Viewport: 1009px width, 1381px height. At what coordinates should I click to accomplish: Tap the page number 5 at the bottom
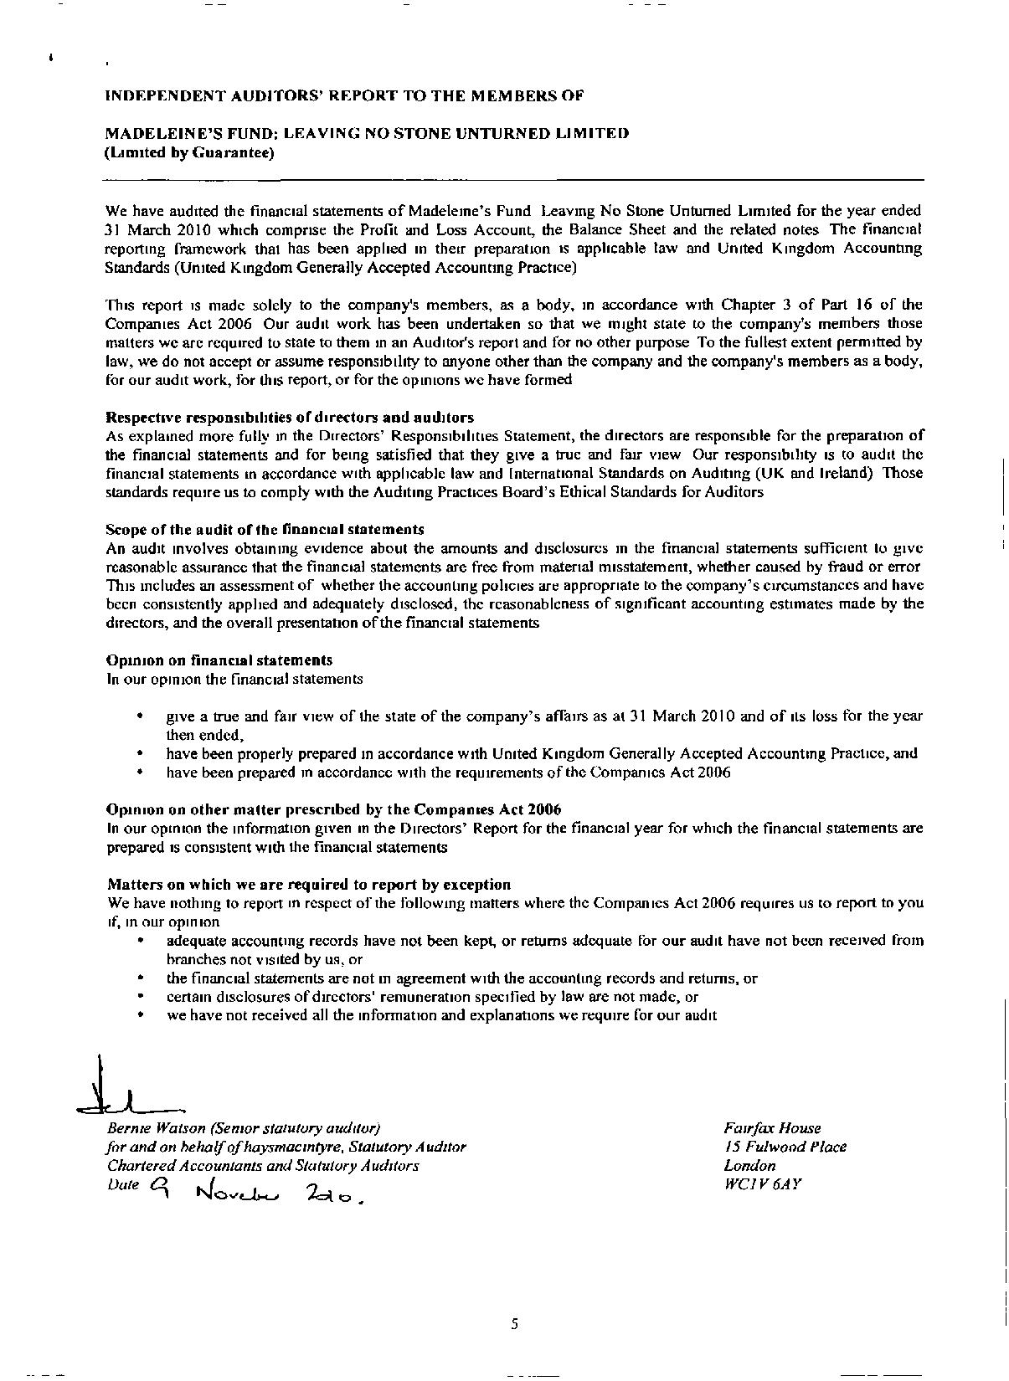tap(514, 1324)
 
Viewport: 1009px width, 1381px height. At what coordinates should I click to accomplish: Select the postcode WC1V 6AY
tap(763, 1184)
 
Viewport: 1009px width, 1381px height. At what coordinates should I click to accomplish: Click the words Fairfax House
tap(772, 1128)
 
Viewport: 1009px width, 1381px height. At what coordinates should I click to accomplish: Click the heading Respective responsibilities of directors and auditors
tap(290, 417)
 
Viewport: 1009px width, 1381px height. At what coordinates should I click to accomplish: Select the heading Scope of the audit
tap(265, 530)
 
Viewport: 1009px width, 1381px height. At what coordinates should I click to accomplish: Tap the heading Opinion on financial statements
tap(219, 660)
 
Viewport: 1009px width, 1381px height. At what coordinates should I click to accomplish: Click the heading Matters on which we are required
tap(308, 885)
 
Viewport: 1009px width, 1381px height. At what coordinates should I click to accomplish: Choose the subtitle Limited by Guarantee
tap(190, 153)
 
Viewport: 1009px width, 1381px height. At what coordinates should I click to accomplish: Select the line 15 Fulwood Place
tap(785, 1147)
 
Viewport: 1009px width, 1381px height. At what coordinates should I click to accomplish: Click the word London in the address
tap(749, 1166)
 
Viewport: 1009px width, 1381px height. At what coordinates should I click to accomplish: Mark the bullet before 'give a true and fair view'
tap(140, 716)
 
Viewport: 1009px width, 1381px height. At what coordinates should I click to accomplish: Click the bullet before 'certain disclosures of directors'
tap(140, 997)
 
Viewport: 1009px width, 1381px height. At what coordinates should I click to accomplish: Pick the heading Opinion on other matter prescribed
tap(333, 809)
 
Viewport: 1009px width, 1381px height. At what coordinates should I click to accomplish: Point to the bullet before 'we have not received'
tap(140, 1015)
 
